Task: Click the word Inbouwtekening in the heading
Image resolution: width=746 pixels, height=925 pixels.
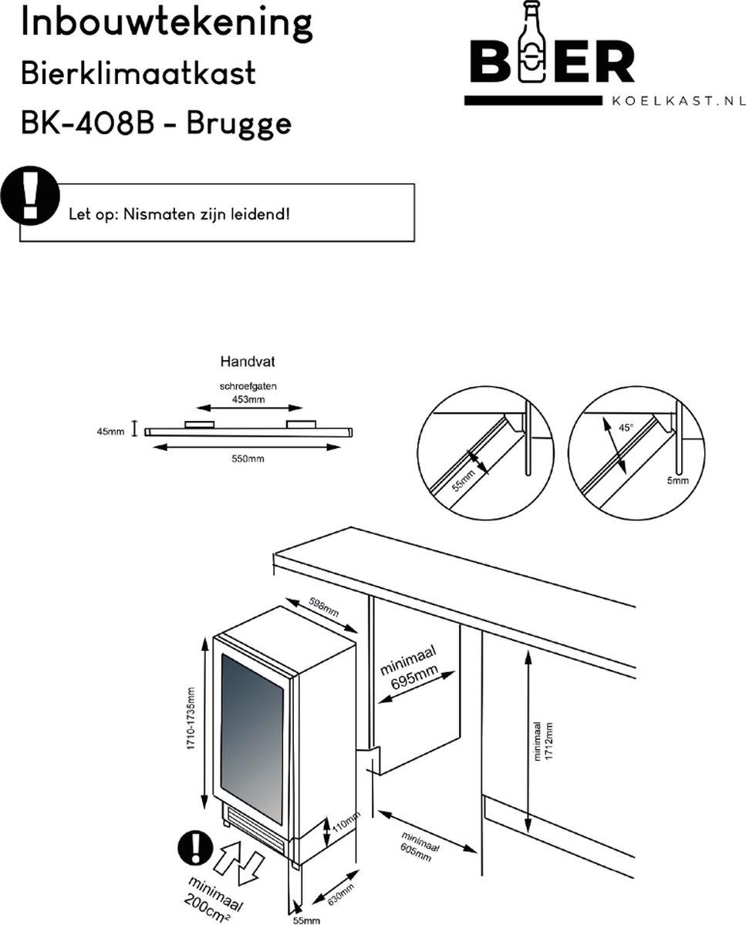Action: click(x=166, y=24)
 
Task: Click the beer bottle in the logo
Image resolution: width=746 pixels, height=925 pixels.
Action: click(x=532, y=46)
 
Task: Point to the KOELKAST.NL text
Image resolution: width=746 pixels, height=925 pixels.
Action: click(x=677, y=100)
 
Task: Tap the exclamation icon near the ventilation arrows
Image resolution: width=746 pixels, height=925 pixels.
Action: click(x=196, y=849)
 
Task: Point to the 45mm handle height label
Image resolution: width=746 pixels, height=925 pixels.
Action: click(x=110, y=432)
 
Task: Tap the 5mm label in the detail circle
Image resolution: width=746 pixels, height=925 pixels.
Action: click(x=677, y=480)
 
